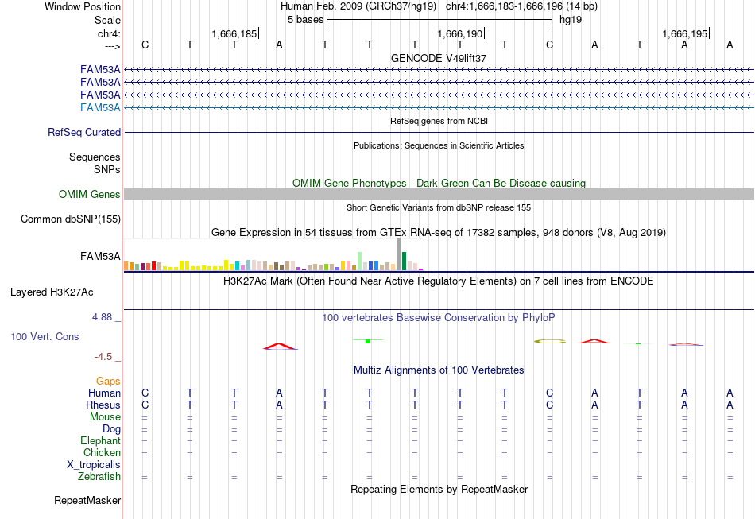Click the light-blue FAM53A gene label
tap(100, 107)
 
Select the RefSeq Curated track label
tap(84, 133)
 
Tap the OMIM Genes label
tap(90, 194)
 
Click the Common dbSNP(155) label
tap(71, 219)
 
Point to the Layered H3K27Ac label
tap(52, 292)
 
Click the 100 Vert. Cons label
tap(45, 336)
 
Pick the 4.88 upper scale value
tap(102, 317)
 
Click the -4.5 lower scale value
tap(103, 357)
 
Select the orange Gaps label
tap(108, 382)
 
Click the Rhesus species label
tap(103, 405)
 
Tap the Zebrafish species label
tap(99, 476)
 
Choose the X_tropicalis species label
tap(94, 465)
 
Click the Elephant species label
tap(101, 440)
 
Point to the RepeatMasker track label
tap(87, 500)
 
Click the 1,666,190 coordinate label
tap(459, 33)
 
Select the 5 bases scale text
tap(306, 20)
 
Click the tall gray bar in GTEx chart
tap(399, 254)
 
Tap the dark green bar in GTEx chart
tap(404, 261)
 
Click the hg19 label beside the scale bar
tap(571, 20)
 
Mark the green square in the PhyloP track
tap(368, 341)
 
